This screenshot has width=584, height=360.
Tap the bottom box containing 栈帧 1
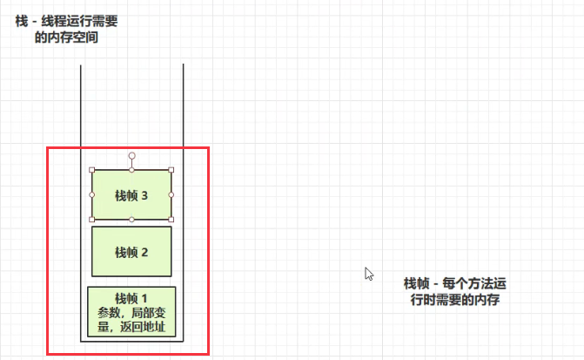coord(131,311)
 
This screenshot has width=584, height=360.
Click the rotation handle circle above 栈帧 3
coord(131,155)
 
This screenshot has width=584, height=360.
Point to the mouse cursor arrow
coord(369,273)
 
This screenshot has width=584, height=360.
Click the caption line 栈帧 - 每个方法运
coord(455,284)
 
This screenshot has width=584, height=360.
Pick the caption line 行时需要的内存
coord(455,300)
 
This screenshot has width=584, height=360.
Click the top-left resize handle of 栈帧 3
coord(91,170)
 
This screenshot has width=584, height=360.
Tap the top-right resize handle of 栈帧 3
coord(171,170)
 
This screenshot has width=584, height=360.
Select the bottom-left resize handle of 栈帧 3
coord(91,219)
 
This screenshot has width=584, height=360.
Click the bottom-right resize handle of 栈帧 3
coord(171,219)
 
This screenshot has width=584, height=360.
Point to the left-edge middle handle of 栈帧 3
coord(91,194)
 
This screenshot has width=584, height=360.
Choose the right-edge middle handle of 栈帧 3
coord(171,194)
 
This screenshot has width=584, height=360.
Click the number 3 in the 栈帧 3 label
coord(144,196)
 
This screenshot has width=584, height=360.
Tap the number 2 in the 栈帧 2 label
coord(144,253)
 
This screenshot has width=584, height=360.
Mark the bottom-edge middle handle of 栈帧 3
coord(131,220)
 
